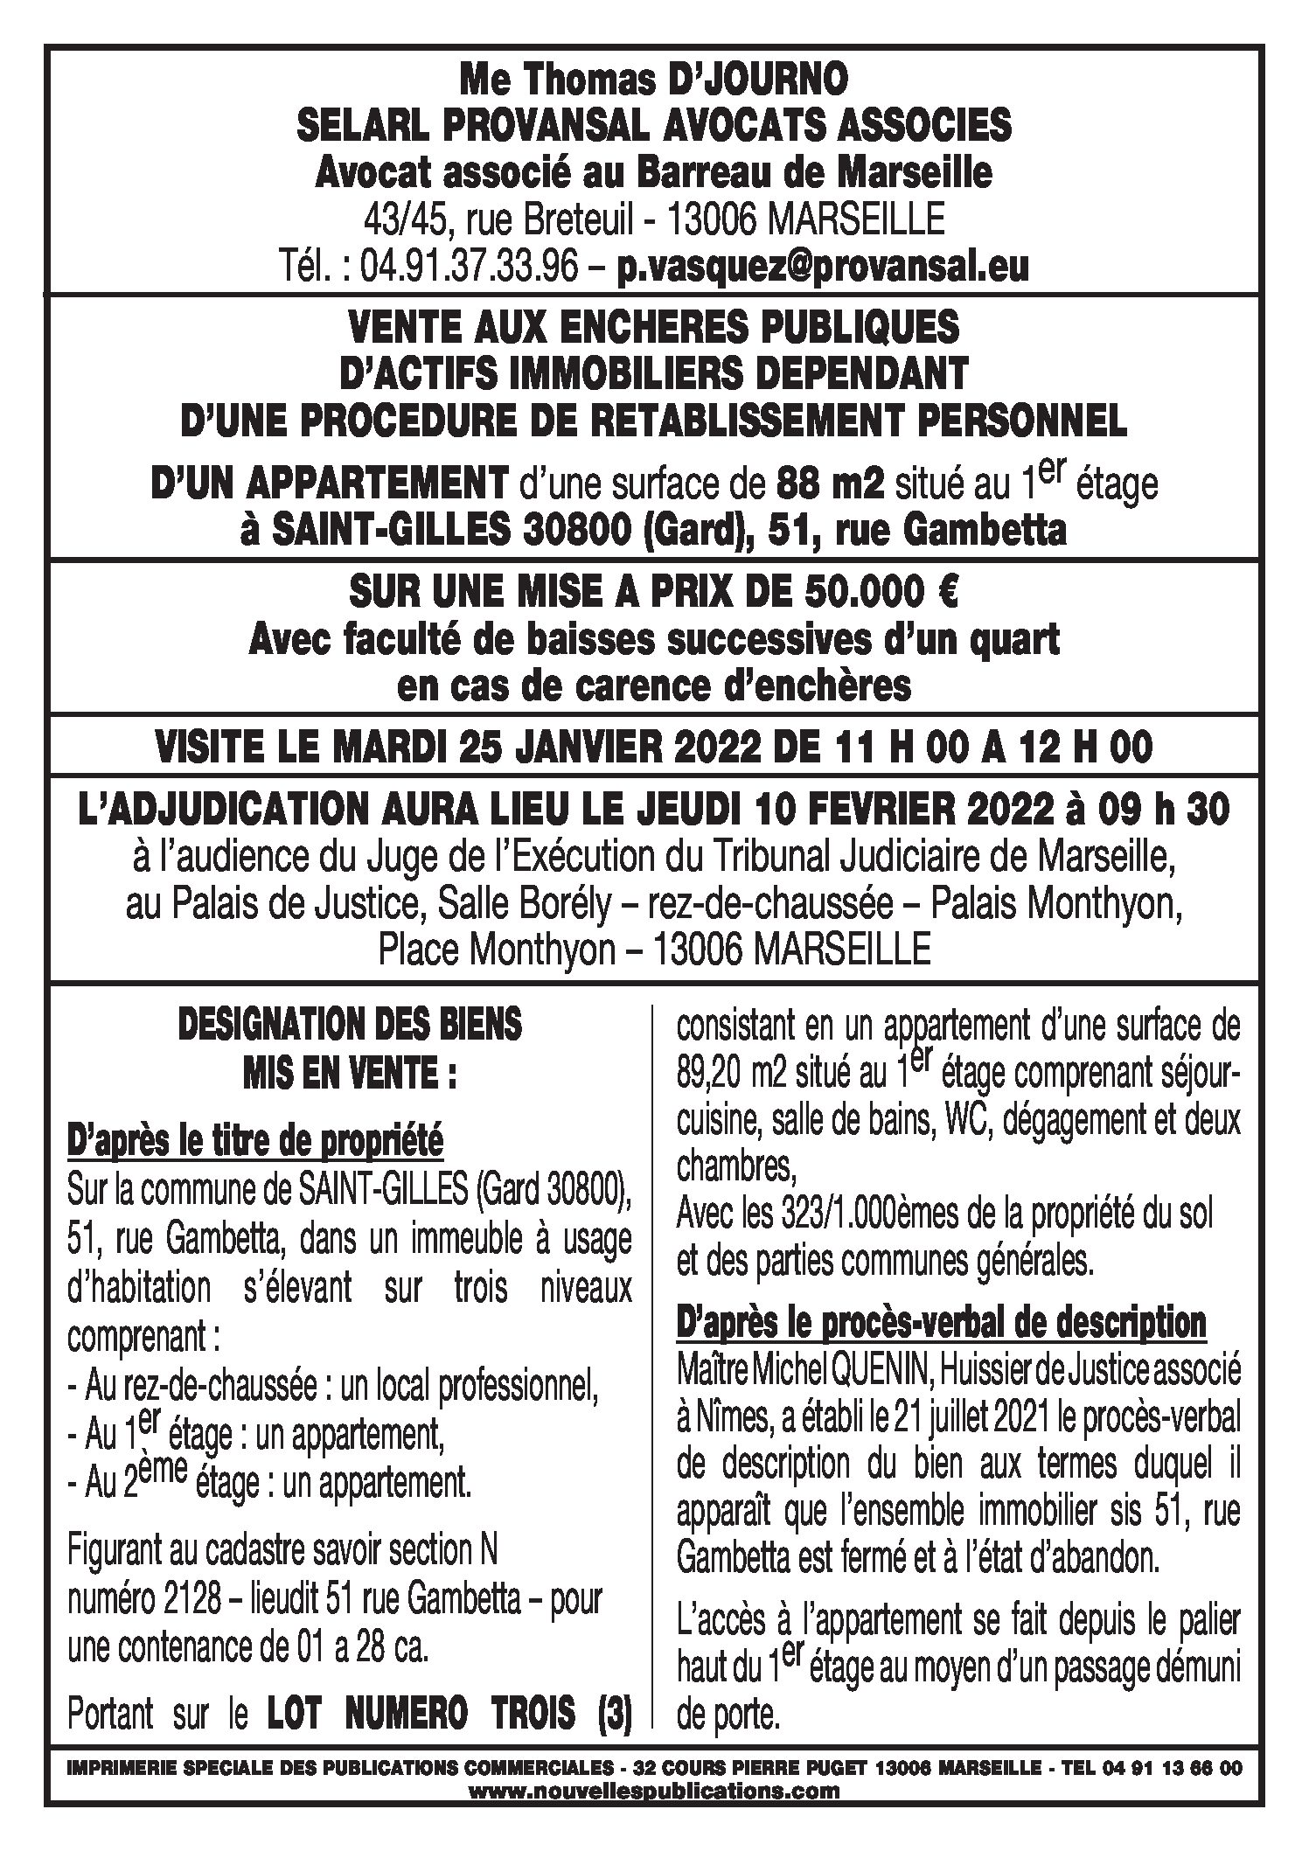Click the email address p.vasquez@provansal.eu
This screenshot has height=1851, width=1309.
click(822, 268)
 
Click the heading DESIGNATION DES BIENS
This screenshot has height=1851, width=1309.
click(350, 1025)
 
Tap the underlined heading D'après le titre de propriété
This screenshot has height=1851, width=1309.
click(254, 1141)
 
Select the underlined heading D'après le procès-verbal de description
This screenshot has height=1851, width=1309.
click(942, 1322)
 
